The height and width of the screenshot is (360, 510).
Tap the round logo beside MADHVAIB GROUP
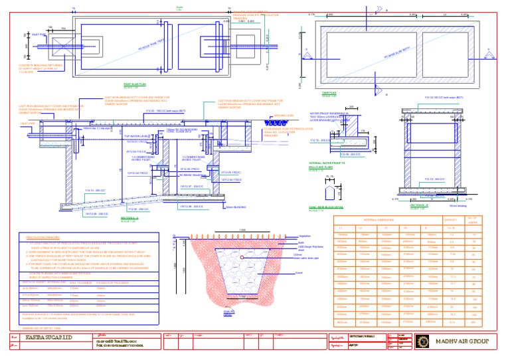[x=422, y=341]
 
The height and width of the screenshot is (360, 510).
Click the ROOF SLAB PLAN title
[x=135, y=84]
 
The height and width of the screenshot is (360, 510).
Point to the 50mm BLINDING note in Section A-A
[x=236, y=207]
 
